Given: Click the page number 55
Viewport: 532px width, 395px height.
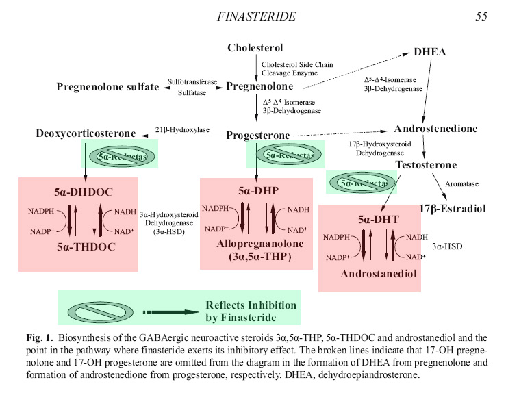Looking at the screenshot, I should tap(481, 16).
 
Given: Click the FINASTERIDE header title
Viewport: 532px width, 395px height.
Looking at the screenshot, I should tap(256, 16).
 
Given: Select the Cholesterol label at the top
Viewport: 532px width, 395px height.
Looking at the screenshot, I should tap(255, 48).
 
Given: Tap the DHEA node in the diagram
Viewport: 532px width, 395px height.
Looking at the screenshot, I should tap(430, 52).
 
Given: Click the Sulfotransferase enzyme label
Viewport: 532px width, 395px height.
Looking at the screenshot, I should tap(192, 82).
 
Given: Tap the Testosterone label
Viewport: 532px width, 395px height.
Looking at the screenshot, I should tap(426, 165).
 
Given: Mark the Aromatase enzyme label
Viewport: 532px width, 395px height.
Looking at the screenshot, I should tap(461, 183).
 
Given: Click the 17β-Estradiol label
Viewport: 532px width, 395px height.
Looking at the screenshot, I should tap(453, 209).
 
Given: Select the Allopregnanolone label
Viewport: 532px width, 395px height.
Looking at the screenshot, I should tap(255, 244).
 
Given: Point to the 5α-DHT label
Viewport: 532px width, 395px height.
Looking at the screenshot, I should tap(378, 220).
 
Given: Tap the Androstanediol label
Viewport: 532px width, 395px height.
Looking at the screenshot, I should tap(379, 274).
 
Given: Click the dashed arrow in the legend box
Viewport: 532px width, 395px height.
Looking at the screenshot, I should tap(171, 312).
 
